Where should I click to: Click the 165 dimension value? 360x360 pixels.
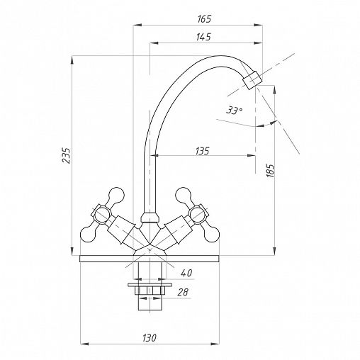[204, 19]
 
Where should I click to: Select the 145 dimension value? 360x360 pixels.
[203, 37]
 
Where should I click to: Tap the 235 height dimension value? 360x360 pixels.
[66, 156]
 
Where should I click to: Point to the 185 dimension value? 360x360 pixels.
[271, 171]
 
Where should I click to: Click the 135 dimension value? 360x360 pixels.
[203, 151]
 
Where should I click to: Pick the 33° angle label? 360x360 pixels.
[234, 110]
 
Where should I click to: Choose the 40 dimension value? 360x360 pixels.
[187, 273]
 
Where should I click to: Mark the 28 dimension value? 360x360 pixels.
[183, 293]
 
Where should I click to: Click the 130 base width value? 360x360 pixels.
[150, 338]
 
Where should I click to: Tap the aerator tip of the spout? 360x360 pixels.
[252, 80]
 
